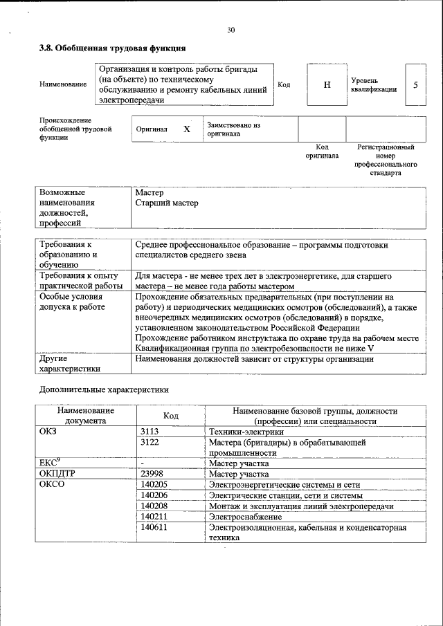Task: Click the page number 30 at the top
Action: [x=230, y=29]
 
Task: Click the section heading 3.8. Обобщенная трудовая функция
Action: [x=111, y=48]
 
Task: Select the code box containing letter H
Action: [x=327, y=84]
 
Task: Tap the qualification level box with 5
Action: [x=415, y=84]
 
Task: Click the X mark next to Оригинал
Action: [x=186, y=129]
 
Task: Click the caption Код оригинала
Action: [x=322, y=151]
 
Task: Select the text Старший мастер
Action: [x=167, y=203]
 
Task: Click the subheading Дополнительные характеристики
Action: [x=103, y=389]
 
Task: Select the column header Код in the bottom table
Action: [x=171, y=416]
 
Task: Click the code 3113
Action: [x=150, y=432]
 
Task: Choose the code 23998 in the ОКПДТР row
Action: [x=152, y=475]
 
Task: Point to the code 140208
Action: [x=154, y=506]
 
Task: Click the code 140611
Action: [x=154, y=527]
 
